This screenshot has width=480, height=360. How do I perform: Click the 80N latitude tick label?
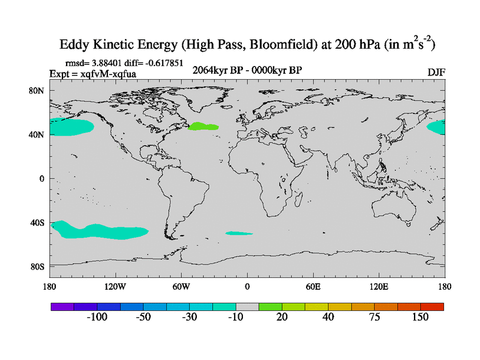pyautogui.click(x=38, y=91)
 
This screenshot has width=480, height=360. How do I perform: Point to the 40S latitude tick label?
pyautogui.click(x=38, y=223)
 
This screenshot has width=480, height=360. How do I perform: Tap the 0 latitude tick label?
pyautogui.click(x=41, y=179)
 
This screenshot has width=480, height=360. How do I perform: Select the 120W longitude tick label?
pyautogui.click(x=115, y=286)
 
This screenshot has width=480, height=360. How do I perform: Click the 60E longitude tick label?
pyautogui.click(x=313, y=286)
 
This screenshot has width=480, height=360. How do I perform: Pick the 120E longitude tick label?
pyautogui.click(x=379, y=286)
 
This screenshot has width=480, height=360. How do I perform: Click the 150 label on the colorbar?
pyautogui.click(x=421, y=317)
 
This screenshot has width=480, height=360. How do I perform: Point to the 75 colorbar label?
pyautogui.click(x=374, y=317)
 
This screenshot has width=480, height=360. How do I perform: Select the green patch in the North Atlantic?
pyautogui.click(x=203, y=127)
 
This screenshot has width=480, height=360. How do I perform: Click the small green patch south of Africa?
pyautogui.click(x=238, y=233)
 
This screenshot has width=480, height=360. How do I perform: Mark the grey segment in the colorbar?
pyautogui.click(x=247, y=307)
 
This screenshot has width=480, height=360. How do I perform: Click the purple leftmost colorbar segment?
pyautogui.click(x=62, y=307)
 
